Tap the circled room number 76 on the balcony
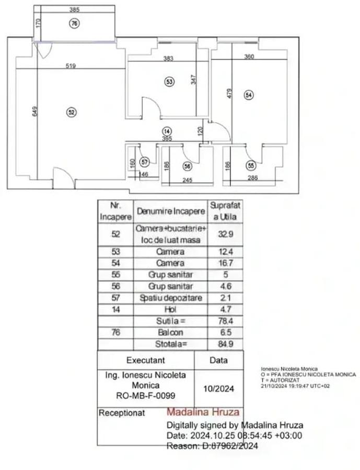click(74, 23)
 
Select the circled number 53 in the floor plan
click(169, 81)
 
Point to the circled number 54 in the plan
click(248, 95)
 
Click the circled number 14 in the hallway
click(167, 131)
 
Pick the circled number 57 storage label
click(145, 162)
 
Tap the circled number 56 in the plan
click(187, 166)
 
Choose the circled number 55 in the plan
click(251, 165)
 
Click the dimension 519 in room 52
click(72, 66)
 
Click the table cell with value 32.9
click(225, 234)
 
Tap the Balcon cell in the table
click(170, 332)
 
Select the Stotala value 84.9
click(225, 344)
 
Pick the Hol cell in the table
click(170, 309)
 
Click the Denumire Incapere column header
click(170, 211)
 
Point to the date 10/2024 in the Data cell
click(218, 389)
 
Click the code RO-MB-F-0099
click(146, 395)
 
